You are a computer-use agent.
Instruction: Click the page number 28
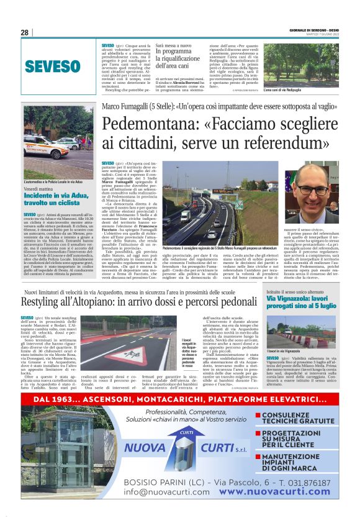click(24, 32)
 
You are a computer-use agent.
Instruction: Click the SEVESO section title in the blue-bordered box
click(49, 66)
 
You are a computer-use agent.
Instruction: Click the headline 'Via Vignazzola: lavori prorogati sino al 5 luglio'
click(300, 302)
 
